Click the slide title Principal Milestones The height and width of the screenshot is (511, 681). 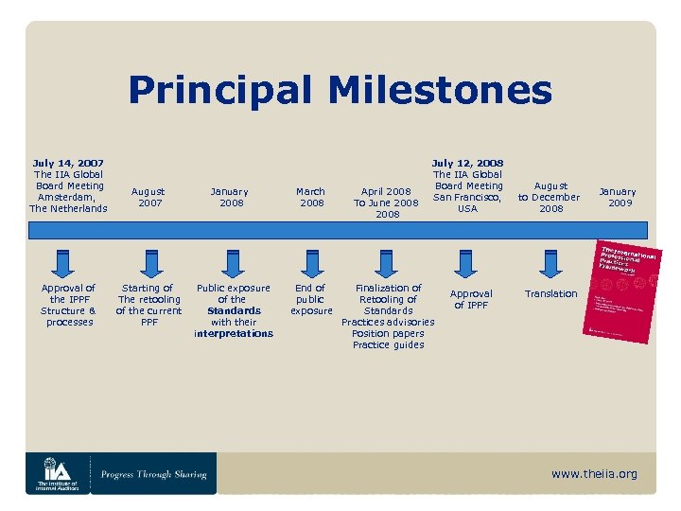pyautogui.click(x=340, y=91)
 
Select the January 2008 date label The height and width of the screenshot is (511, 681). pyautogui.click(x=231, y=197)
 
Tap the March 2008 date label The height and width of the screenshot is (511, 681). pyautogui.click(x=311, y=197)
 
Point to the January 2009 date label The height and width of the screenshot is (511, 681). pyautogui.click(x=620, y=197)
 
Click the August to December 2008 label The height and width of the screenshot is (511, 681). pyautogui.click(x=550, y=197)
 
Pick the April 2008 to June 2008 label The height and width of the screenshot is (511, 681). pyautogui.click(x=386, y=203)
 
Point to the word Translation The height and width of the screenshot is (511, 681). pyautogui.click(x=550, y=293)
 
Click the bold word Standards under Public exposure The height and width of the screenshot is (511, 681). pyautogui.click(x=234, y=310)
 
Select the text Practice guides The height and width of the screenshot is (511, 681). pyautogui.click(x=388, y=344)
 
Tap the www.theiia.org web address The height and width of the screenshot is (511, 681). pyautogui.click(x=594, y=473)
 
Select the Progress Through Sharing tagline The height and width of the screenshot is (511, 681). pyautogui.click(x=153, y=474)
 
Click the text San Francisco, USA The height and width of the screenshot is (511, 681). pyautogui.click(x=467, y=203)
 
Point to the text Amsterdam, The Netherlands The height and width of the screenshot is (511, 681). pyautogui.click(x=69, y=203)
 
